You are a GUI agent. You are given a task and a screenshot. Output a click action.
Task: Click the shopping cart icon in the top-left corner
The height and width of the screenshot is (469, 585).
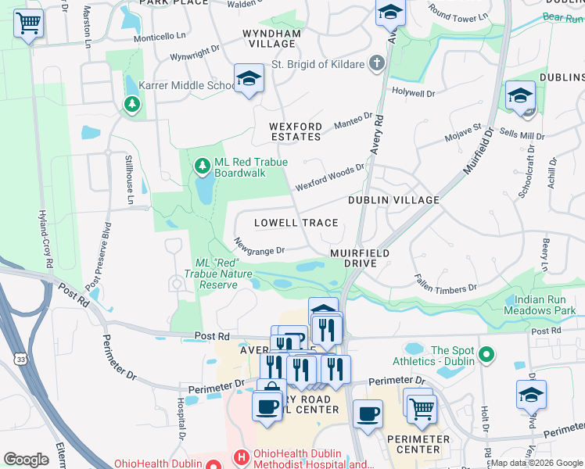coord(28,23)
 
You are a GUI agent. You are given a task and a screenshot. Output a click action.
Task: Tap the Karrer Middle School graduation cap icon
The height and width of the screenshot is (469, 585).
coord(249,78)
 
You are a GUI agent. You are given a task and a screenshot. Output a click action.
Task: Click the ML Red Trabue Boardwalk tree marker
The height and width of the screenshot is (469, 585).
coord(203,164)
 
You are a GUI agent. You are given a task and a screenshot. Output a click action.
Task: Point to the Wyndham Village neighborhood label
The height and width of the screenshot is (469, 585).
coord(271,39)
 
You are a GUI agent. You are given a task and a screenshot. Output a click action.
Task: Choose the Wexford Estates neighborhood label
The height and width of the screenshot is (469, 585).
coord(295,131)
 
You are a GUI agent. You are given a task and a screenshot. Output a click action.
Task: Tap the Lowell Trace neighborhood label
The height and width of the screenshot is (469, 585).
coord(296,223)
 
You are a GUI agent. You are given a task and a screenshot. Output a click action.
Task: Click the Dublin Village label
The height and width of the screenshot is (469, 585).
coord(393,200)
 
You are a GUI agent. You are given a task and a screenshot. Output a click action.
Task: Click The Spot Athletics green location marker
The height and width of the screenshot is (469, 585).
coord(487,356)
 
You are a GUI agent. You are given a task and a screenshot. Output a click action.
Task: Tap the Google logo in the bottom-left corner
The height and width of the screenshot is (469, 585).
coord(26,460)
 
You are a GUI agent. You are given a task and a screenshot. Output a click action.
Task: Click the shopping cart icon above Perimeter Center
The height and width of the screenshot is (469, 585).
coord(422,406)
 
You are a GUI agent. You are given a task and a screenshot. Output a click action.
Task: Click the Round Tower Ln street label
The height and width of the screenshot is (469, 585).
coord(457,13)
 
